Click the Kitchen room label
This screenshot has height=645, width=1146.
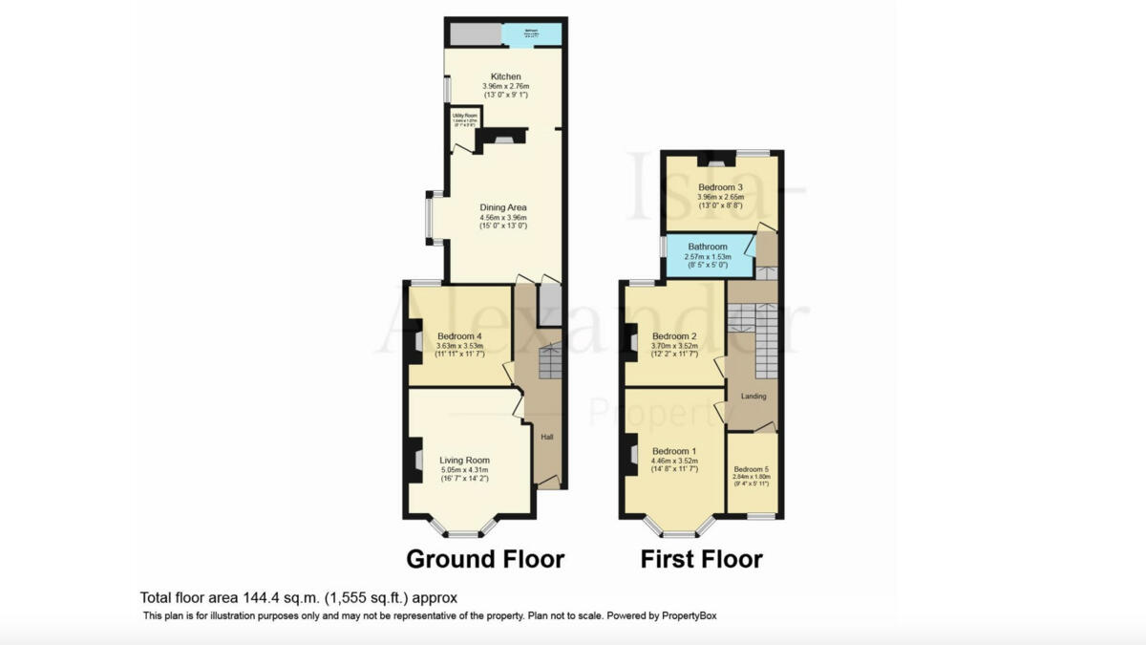[x=505, y=76]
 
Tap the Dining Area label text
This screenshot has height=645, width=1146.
[x=502, y=207]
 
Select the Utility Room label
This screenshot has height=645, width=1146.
[x=464, y=115]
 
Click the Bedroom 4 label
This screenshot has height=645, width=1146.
[x=459, y=336]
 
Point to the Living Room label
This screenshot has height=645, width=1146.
[x=463, y=460]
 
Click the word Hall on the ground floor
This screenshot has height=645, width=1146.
[x=547, y=438]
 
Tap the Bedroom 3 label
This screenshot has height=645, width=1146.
[x=721, y=187]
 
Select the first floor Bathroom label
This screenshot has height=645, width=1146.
[x=708, y=247]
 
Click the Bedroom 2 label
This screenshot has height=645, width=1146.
[x=674, y=336]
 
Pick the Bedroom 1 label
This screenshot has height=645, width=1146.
[x=674, y=451]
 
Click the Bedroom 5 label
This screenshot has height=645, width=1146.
[x=751, y=470]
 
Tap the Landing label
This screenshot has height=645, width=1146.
[x=753, y=397]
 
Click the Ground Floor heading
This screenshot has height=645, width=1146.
[x=485, y=558]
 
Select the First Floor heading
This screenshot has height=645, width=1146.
[x=701, y=559]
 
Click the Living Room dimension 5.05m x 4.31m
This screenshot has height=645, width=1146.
[x=463, y=469]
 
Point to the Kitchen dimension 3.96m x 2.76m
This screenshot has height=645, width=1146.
[x=505, y=86]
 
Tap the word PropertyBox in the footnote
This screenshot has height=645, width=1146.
[x=695, y=616]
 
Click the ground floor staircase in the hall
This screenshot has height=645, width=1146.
[x=551, y=362]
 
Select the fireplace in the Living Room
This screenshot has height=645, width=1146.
[x=415, y=461]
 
